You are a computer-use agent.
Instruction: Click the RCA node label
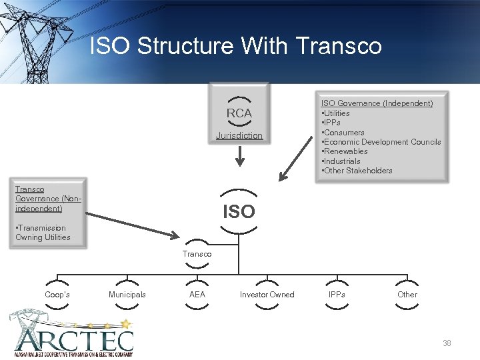click(239, 113)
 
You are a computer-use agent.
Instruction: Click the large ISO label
click(239, 212)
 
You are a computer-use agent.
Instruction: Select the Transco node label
click(197, 254)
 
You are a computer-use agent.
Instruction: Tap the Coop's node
click(57, 295)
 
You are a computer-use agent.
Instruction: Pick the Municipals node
click(127, 295)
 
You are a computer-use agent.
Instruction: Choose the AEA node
click(197, 295)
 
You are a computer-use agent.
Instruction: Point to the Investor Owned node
click(267, 295)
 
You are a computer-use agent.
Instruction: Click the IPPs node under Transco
click(337, 295)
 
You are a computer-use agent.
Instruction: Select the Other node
click(407, 295)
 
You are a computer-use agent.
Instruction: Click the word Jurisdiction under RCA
click(239, 136)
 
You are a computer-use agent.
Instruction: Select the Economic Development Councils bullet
click(381, 142)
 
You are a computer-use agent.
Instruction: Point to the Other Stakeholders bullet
click(357, 171)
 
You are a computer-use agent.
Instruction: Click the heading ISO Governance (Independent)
click(377, 103)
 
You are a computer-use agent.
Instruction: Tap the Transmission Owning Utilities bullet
click(43, 233)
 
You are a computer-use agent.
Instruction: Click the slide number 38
click(447, 343)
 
